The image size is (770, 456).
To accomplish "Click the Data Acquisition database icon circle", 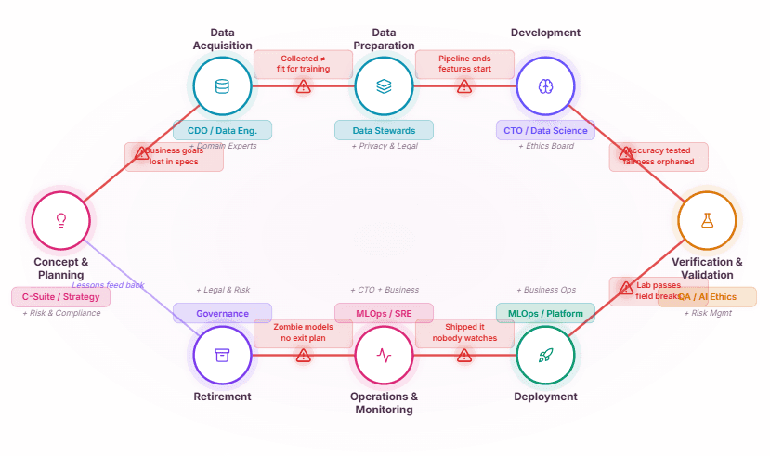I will click(x=222, y=85).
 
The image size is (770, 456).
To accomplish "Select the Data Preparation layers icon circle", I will click(x=384, y=85).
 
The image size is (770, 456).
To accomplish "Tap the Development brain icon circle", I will click(x=545, y=85).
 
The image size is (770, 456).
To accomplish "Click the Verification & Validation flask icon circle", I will click(x=707, y=221).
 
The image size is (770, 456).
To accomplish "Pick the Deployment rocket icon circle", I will click(x=545, y=355).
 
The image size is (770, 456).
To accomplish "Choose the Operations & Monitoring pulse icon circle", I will click(x=384, y=355).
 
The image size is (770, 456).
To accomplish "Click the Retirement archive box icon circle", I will click(x=222, y=355).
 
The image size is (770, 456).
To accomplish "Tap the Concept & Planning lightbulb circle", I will click(x=61, y=221).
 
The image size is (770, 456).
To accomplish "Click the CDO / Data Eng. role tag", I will click(x=222, y=130).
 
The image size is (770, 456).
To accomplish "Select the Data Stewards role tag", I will click(x=384, y=130).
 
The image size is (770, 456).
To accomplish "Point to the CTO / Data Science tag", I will click(x=545, y=130).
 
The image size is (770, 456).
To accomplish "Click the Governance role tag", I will click(x=222, y=313).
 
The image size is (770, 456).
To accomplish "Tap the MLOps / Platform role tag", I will click(x=545, y=313).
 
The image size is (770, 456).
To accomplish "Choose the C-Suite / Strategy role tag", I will click(x=61, y=297).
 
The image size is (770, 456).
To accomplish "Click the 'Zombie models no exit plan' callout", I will click(x=303, y=332).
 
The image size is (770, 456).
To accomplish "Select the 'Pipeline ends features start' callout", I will click(x=463, y=64).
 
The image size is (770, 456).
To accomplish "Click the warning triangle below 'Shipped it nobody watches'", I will click(x=464, y=356).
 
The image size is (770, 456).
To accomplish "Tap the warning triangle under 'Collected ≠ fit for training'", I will click(x=303, y=86).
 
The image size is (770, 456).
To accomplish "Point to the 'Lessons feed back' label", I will click(x=109, y=285).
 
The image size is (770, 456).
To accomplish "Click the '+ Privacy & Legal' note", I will click(x=384, y=146).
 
